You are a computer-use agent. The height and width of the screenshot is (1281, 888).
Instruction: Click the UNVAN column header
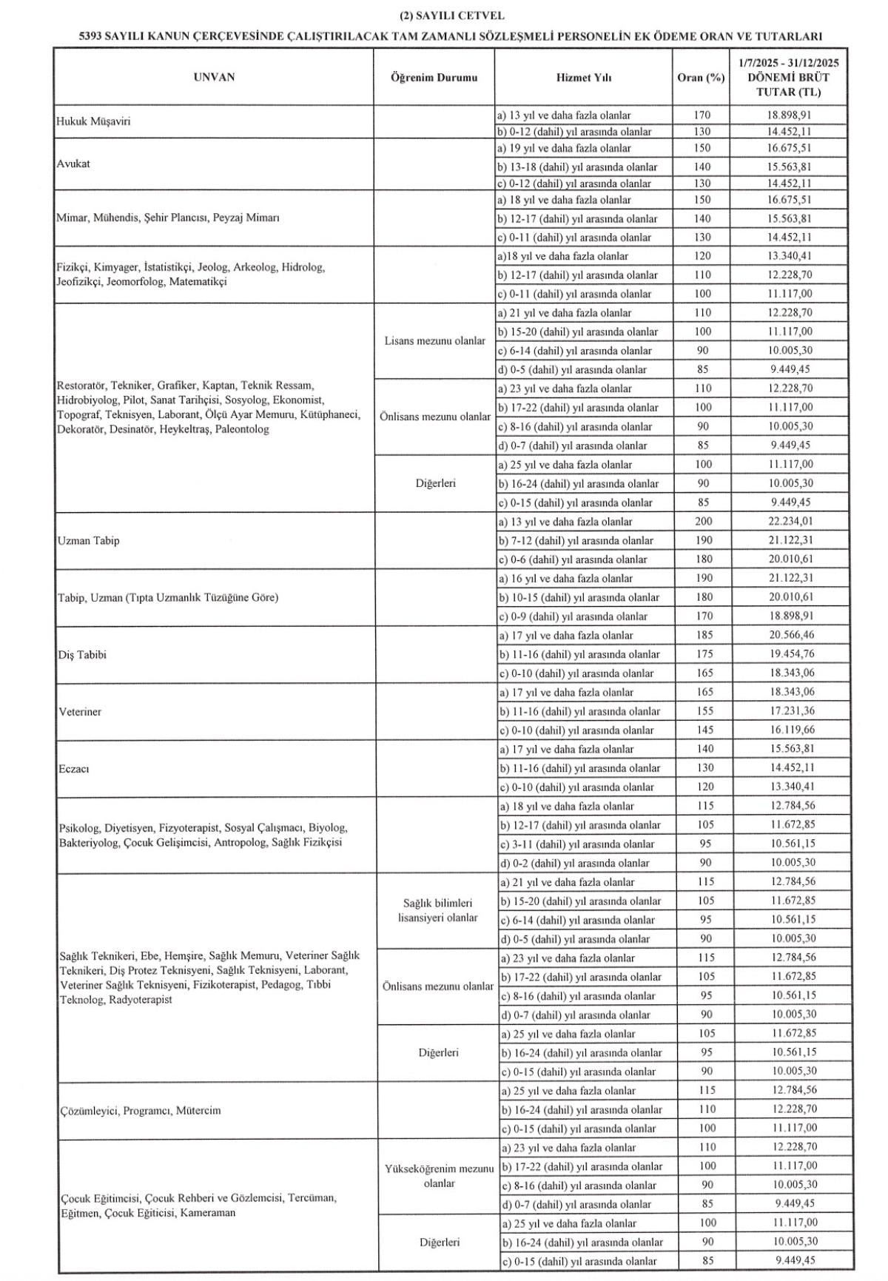[x=214, y=77]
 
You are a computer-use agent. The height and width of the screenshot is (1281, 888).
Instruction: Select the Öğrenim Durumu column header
[x=434, y=78]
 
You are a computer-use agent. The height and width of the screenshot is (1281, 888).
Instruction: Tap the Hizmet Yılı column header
[x=584, y=78]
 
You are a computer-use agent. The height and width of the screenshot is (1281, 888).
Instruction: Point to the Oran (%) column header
[x=700, y=78]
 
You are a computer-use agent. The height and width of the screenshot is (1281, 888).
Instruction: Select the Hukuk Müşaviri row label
[x=93, y=122]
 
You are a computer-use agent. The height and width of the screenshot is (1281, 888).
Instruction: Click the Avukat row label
[x=73, y=164]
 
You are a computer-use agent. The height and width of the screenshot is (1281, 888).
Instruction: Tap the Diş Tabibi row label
[x=82, y=655]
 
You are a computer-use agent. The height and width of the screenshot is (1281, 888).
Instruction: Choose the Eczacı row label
[x=74, y=769]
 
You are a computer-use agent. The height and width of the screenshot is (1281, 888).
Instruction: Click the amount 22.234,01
[x=791, y=522]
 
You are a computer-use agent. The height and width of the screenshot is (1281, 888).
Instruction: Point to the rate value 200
[x=704, y=522]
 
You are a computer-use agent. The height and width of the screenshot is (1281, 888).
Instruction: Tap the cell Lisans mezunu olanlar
[x=435, y=341]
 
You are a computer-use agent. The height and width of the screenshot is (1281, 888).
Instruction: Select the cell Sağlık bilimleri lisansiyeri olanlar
[x=437, y=910]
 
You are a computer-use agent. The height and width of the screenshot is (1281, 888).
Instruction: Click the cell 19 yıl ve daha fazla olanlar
[x=567, y=149]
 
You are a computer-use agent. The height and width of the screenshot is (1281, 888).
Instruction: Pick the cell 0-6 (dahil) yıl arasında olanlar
[x=573, y=560]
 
